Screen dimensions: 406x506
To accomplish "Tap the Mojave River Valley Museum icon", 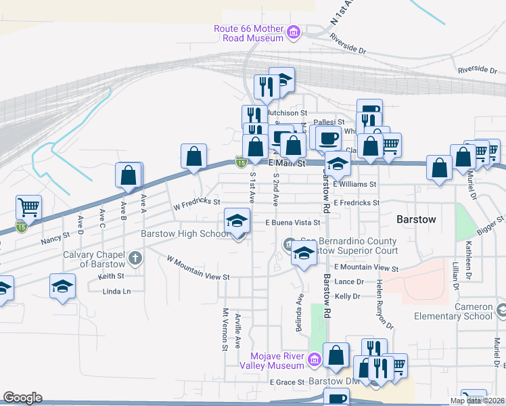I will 313,359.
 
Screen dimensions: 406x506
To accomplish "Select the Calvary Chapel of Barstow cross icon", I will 136,257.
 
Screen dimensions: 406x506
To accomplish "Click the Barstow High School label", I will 185,234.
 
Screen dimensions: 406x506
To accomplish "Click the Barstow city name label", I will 415,221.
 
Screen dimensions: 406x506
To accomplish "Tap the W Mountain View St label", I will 199,269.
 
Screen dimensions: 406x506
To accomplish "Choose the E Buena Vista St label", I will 292,221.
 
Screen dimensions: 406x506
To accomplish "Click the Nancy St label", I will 55,238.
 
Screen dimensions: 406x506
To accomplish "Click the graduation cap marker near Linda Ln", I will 62,286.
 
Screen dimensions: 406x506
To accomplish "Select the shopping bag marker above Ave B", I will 129,175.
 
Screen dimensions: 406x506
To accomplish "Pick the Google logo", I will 22,398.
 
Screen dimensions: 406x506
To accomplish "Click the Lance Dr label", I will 349,281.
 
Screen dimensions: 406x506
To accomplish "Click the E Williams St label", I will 354,183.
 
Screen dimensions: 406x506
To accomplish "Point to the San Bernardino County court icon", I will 288,244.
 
